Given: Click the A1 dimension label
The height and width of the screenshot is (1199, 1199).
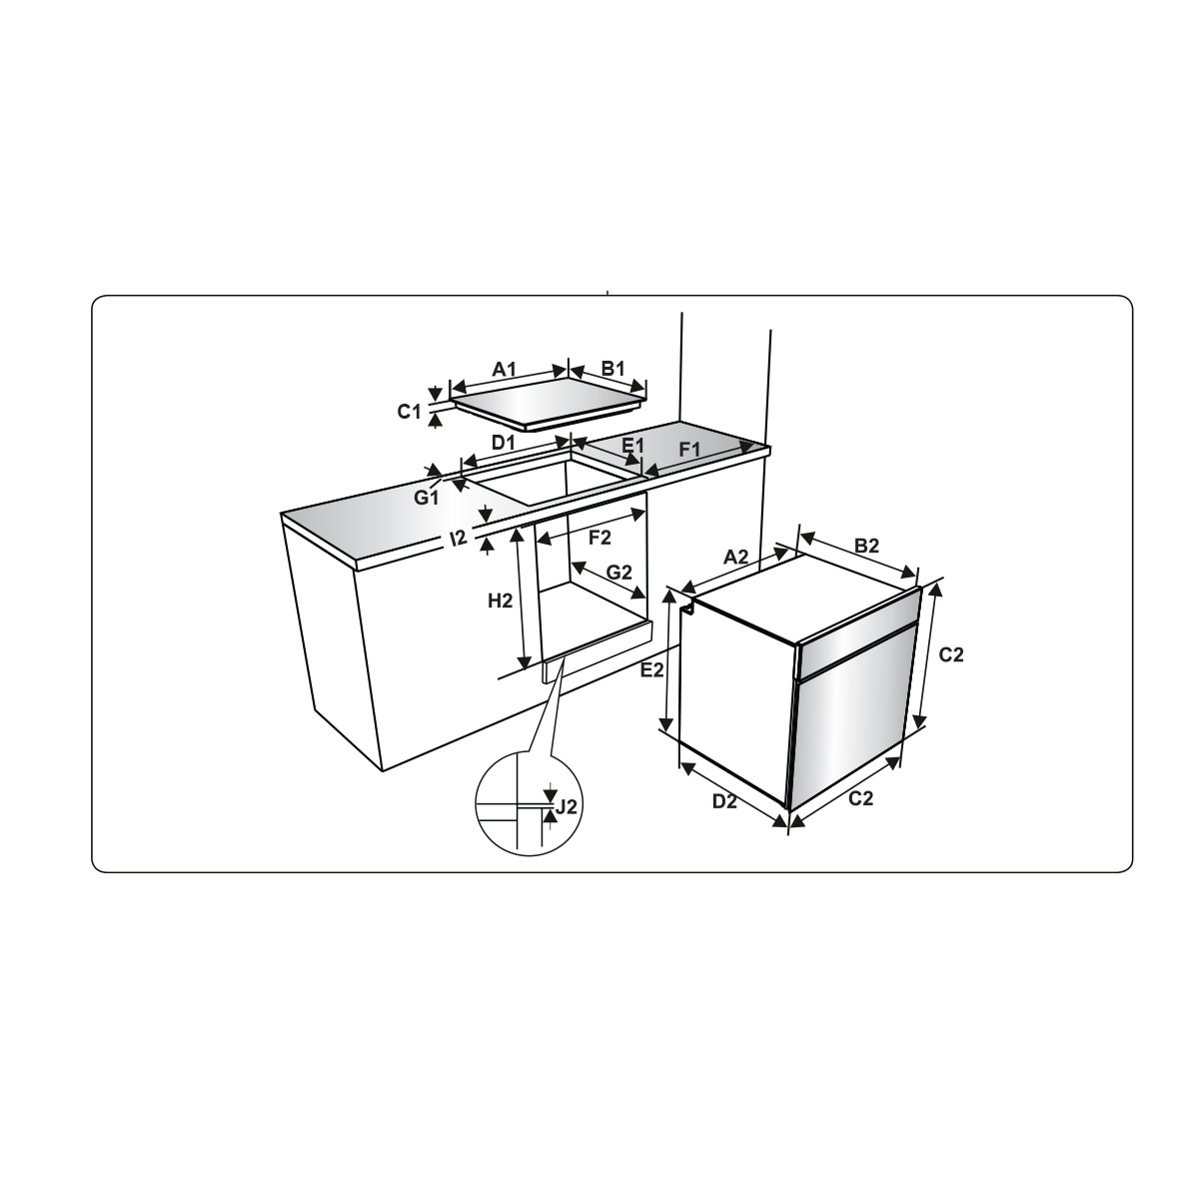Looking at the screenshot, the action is pyautogui.click(x=504, y=370).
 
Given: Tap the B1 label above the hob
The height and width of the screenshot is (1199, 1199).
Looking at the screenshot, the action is pyautogui.click(x=612, y=369).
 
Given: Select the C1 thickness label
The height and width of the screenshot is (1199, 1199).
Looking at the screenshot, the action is pyautogui.click(x=410, y=412).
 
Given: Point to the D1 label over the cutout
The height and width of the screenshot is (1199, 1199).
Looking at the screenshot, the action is pyautogui.click(x=504, y=443).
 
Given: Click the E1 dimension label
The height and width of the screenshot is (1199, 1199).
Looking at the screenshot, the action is pyautogui.click(x=633, y=446).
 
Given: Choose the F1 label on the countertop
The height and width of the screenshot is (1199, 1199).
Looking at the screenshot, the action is pyautogui.click(x=689, y=450).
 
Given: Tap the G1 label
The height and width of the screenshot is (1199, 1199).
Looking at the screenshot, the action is pyautogui.click(x=427, y=498).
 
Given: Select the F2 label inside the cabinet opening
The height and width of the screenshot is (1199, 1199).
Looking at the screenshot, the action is pyautogui.click(x=599, y=538).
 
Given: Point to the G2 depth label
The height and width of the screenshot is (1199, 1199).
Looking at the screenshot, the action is pyautogui.click(x=619, y=573).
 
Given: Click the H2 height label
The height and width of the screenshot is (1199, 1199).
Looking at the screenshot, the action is pyautogui.click(x=501, y=601).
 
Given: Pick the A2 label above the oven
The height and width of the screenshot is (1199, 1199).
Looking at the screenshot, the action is pyautogui.click(x=736, y=557).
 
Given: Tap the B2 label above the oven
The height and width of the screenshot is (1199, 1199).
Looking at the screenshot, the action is pyautogui.click(x=866, y=546).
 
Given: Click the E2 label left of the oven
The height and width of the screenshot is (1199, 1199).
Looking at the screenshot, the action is pyautogui.click(x=652, y=670).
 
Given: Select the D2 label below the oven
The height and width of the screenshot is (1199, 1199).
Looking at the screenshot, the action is pyautogui.click(x=724, y=802).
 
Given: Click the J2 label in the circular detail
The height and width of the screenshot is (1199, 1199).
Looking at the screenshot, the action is pyautogui.click(x=567, y=807).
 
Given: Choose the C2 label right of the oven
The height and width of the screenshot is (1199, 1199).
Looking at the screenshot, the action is pyautogui.click(x=951, y=654).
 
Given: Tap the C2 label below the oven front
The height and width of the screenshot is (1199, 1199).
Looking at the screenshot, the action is pyautogui.click(x=861, y=798).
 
